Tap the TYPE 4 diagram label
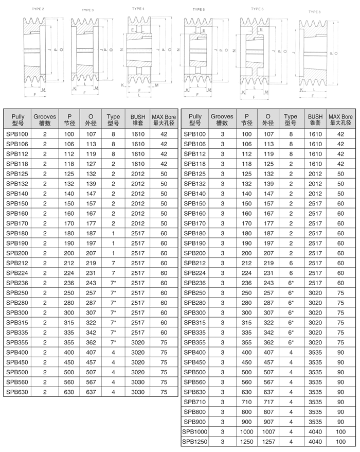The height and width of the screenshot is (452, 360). [x=137, y=9]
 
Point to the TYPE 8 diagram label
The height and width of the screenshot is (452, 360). [x=315, y=11]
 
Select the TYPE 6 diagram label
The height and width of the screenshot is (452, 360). [x=257, y=9]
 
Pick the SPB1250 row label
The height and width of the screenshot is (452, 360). [x=193, y=441]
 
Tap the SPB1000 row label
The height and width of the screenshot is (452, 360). [x=193, y=431]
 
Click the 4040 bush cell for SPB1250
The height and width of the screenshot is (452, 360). [x=315, y=441]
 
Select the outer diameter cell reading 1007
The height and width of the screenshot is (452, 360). [x=268, y=431]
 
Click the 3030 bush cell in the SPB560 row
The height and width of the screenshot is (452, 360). [x=138, y=382]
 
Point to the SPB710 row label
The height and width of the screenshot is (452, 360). [x=194, y=402]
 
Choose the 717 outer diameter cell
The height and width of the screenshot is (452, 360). [x=268, y=402]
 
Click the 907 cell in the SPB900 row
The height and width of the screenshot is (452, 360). [x=268, y=422]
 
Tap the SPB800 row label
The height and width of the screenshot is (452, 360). [x=194, y=412]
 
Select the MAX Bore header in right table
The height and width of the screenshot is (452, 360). [x=340, y=120]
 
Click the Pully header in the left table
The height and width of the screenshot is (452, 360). [x=17, y=120]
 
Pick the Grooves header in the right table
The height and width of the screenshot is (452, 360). [x=222, y=120]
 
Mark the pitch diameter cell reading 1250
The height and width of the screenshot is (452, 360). [x=246, y=441]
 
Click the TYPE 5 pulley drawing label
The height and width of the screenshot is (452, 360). [x=199, y=9]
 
